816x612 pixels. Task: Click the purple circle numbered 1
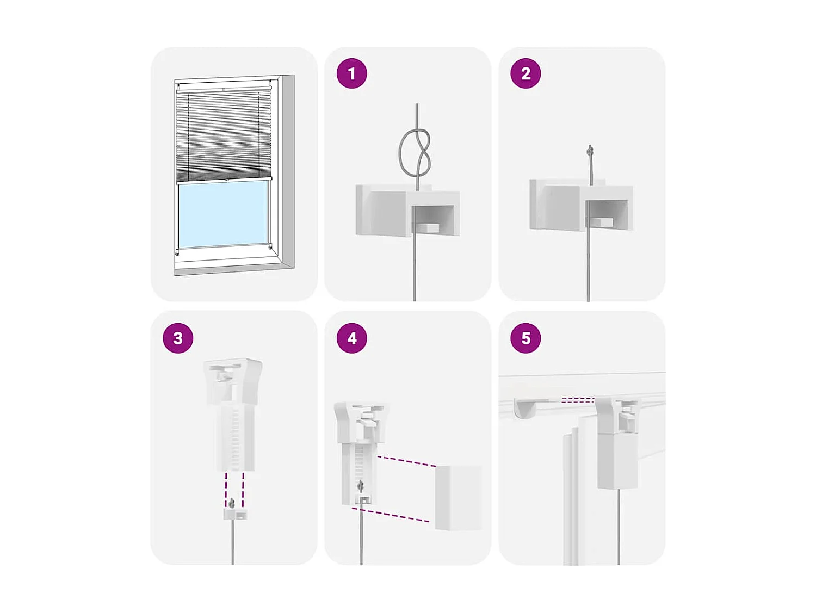click(351, 73)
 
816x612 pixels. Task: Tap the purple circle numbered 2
click(526, 73)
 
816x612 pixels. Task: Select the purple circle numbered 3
click(178, 338)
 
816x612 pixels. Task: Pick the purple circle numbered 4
click(351, 338)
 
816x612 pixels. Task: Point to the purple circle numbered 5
click(526, 338)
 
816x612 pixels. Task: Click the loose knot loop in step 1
click(415, 153)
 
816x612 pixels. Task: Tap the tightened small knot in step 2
click(590, 151)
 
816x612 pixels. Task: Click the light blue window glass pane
click(223, 214)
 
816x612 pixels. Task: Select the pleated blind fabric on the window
click(223, 136)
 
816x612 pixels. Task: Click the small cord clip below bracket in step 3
click(234, 513)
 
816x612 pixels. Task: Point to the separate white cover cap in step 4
click(458, 497)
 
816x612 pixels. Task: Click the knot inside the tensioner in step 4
click(360, 486)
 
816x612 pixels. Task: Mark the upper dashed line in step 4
click(406, 462)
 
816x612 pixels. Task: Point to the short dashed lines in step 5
click(578, 400)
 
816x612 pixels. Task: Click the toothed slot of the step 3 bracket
click(236, 438)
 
